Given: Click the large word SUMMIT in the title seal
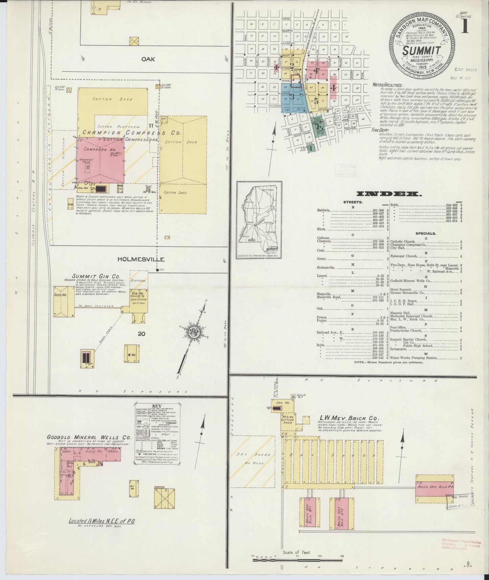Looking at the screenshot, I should coord(421,51).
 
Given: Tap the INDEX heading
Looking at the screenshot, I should coord(389,194).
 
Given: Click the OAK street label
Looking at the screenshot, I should coord(148,59).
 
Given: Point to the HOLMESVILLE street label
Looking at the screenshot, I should coord(141,259).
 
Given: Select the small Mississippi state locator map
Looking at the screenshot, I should coord(259,220).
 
